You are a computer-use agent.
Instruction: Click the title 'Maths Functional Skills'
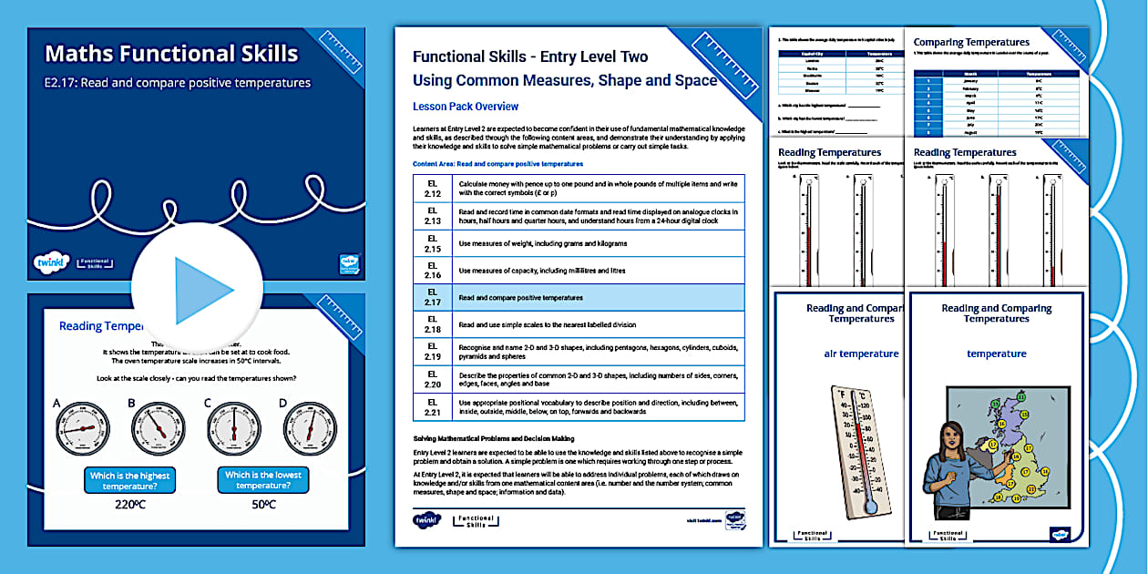(x=171, y=54)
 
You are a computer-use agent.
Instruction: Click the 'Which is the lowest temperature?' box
(x=263, y=480)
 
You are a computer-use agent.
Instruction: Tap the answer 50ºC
(x=263, y=505)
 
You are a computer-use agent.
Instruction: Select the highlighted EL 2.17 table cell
(x=432, y=298)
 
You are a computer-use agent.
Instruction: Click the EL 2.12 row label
(x=432, y=188)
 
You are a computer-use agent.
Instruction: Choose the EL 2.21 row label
(x=432, y=406)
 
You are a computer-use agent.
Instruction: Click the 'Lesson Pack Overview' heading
(x=466, y=107)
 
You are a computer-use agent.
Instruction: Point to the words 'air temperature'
(x=861, y=354)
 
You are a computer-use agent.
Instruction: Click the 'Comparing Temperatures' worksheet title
(x=971, y=42)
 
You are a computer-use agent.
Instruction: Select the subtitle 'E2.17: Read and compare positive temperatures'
(x=178, y=83)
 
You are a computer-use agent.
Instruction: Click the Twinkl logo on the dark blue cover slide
(x=46, y=262)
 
